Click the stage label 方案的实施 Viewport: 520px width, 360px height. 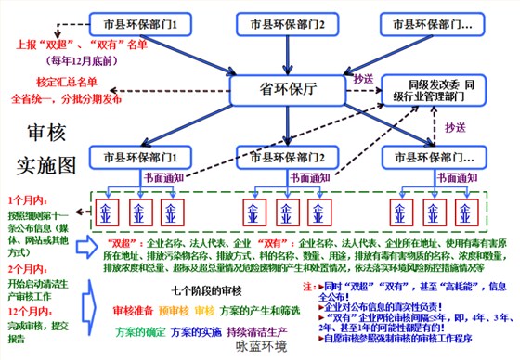click(x=198, y=331)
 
